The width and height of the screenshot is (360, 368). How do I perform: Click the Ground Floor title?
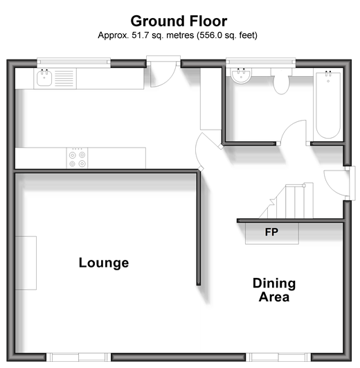[x=179, y=21]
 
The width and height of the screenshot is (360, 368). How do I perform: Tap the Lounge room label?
[x=104, y=263]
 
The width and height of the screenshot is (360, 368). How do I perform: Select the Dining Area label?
[x=274, y=290]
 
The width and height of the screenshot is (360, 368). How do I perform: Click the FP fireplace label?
[x=271, y=232]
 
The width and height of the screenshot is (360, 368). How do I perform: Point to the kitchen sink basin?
[x=44, y=78]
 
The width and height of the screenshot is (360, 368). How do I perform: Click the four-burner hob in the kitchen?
[x=77, y=158]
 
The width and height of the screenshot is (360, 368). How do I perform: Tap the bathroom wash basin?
[x=241, y=76]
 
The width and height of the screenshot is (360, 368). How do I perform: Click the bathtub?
[x=328, y=105]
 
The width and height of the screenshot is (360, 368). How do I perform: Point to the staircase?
[x=287, y=201]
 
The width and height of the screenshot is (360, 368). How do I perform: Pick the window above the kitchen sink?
[x=74, y=62]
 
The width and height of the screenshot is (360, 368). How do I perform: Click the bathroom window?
[x=260, y=62]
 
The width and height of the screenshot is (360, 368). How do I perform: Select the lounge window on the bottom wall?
[x=78, y=357]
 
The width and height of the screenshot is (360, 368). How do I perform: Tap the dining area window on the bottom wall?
[x=278, y=357]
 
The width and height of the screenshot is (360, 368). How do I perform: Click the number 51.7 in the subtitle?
[x=141, y=35]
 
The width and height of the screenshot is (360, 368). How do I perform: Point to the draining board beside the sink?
[x=64, y=78]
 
